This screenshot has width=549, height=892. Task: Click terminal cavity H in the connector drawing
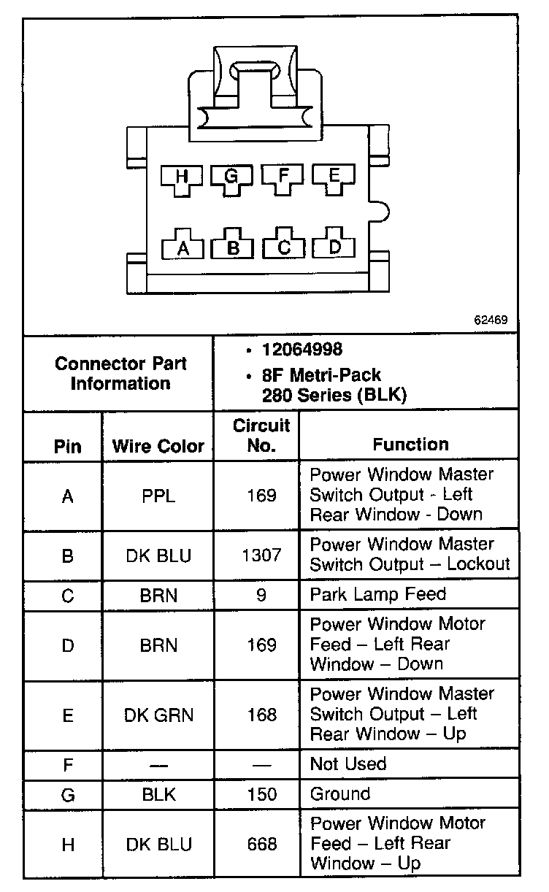pos(182,177)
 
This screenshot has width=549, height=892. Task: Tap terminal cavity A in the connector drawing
pos(183,247)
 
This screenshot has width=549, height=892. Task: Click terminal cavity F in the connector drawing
pos(283,176)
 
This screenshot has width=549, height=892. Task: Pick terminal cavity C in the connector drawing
pos(283,247)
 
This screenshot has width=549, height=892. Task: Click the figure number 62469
pos(491,320)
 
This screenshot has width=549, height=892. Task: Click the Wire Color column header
pos(158,446)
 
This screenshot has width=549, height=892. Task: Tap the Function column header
pos(410,444)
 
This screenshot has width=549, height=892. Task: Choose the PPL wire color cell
pos(158,496)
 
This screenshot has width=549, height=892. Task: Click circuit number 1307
pos(261,555)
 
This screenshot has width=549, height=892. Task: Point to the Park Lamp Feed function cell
pos(377,594)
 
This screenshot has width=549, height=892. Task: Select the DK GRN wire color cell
pos(158,715)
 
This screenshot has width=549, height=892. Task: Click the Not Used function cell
pos(348,764)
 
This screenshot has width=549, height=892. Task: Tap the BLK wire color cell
pos(158,794)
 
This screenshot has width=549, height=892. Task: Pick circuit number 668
pos(261,845)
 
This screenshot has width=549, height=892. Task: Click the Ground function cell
pos(340,794)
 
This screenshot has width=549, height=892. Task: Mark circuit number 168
pos(261,715)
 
